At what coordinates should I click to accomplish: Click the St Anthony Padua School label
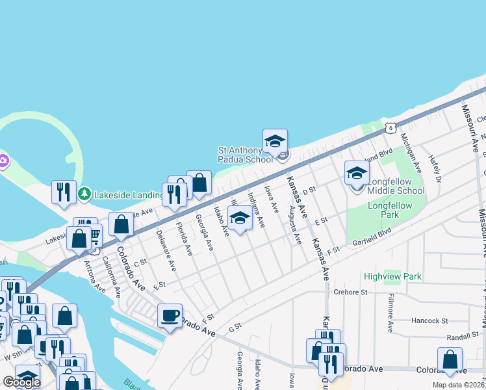click(245, 155)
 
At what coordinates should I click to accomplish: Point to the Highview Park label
click(392, 276)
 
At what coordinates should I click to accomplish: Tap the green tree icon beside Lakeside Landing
click(84, 194)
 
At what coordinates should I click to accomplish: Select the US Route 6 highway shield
click(389, 128)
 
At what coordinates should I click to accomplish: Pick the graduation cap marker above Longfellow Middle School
click(357, 173)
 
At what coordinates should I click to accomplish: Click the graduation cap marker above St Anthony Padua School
click(275, 140)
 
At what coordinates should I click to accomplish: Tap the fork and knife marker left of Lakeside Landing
click(64, 192)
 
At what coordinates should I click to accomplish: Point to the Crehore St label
click(351, 292)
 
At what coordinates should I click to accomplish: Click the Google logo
click(21, 382)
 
